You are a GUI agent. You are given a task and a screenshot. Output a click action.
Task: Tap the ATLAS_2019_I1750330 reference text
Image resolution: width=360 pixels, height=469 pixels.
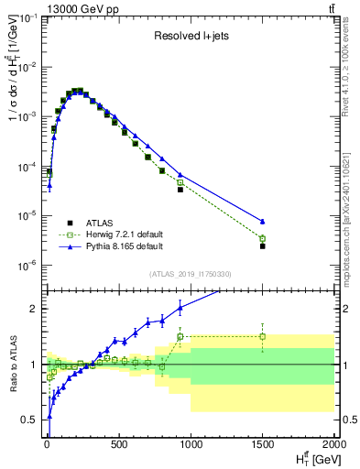tap(190, 274)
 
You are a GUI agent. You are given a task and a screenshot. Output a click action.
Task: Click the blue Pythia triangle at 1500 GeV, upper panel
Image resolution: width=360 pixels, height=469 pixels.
tap(263, 222)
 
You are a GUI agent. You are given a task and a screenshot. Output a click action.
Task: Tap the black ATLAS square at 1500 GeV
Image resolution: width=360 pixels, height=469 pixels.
tap(263, 246)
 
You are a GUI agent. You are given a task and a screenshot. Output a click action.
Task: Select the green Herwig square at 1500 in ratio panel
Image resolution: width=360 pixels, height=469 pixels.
tap(263, 336)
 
